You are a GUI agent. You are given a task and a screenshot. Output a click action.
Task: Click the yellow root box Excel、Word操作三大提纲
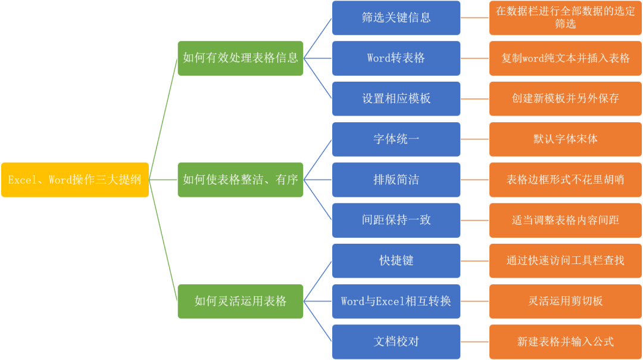coord(75,179)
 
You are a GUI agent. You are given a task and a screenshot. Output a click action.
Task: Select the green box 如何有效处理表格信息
coord(241,58)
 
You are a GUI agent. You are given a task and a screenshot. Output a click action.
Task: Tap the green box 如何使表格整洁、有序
coord(241,179)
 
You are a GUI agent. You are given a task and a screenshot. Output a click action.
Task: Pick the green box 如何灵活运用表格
coord(241,301)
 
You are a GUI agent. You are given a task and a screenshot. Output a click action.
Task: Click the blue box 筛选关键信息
coord(396,18)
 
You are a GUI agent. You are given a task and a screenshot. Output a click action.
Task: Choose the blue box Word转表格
coord(396,58)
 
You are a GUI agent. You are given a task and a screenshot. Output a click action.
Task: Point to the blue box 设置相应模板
coord(396,99)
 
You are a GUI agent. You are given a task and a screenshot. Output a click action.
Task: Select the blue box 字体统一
coord(396,139)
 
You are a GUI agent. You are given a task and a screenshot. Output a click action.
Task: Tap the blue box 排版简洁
coord(396,179)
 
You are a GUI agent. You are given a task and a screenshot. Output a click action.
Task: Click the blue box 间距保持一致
coord(396,220)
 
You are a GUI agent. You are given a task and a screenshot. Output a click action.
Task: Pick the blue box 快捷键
coord(396,260)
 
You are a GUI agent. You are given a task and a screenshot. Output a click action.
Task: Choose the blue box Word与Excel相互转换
coord(396,301)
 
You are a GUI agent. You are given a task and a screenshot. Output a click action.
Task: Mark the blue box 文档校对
coord(396,342)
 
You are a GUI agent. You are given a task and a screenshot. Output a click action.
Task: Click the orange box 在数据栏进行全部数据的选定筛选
coord(565,18)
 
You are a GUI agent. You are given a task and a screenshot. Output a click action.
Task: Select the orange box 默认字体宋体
coord(565,139)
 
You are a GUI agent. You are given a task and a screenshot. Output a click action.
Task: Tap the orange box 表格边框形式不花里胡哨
coord(565,179)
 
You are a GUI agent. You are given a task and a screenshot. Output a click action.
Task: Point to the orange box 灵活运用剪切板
coord(565,301)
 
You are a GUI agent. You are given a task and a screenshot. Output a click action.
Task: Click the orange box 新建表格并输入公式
coord(565,342)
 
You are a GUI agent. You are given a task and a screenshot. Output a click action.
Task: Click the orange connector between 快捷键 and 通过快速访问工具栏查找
coord(475,260)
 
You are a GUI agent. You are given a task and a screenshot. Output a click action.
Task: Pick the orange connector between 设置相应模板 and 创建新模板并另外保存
coord(475,99)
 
